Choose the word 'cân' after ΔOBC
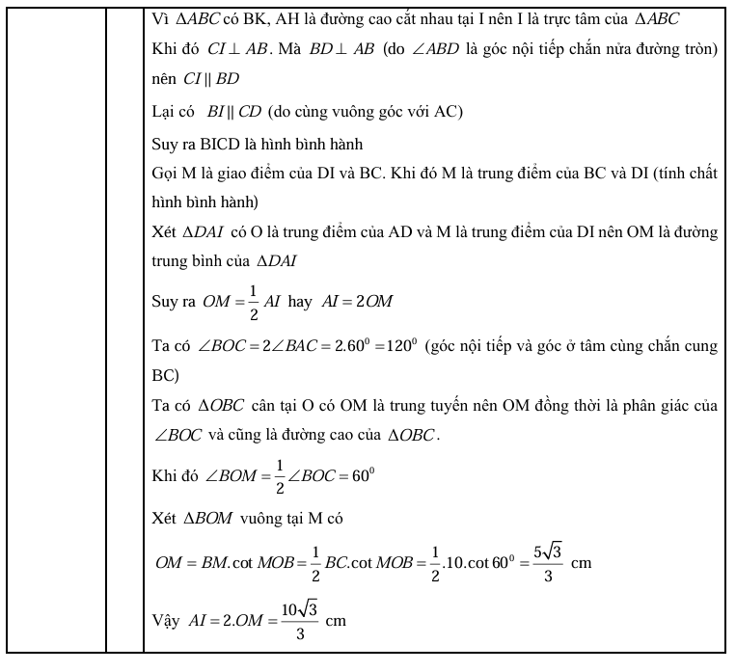(x=246, y=406)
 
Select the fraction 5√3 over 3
(x=545, y=561)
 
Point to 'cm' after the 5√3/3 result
(x=581, y=562)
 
